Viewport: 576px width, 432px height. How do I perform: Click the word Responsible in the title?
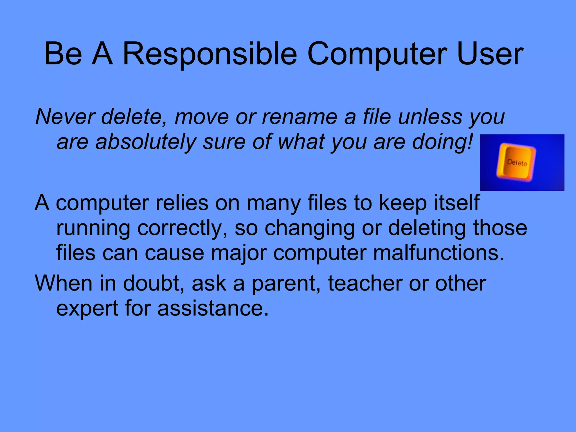(210, 54)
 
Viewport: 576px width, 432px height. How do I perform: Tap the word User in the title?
(490, 54)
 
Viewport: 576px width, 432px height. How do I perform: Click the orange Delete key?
(517, 162)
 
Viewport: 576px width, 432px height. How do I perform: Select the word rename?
(299, 117)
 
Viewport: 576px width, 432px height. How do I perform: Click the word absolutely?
(146, 142)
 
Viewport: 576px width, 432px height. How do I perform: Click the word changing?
(310, 228)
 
